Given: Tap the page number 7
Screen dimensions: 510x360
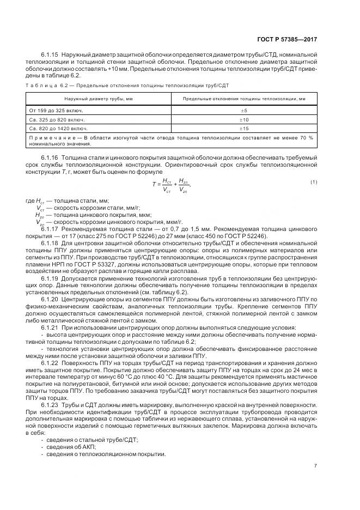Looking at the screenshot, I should [316, 465].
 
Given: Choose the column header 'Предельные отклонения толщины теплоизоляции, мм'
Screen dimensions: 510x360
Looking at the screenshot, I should [244, 99].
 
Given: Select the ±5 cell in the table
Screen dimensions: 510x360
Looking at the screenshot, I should [244, 110].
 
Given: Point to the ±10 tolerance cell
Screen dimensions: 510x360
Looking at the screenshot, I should [244, 119].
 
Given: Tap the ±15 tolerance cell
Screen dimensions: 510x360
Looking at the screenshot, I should [244, 129].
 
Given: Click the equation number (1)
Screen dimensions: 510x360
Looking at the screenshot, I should [314, 181].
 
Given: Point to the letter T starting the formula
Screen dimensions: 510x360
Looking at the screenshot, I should [155, 184].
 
